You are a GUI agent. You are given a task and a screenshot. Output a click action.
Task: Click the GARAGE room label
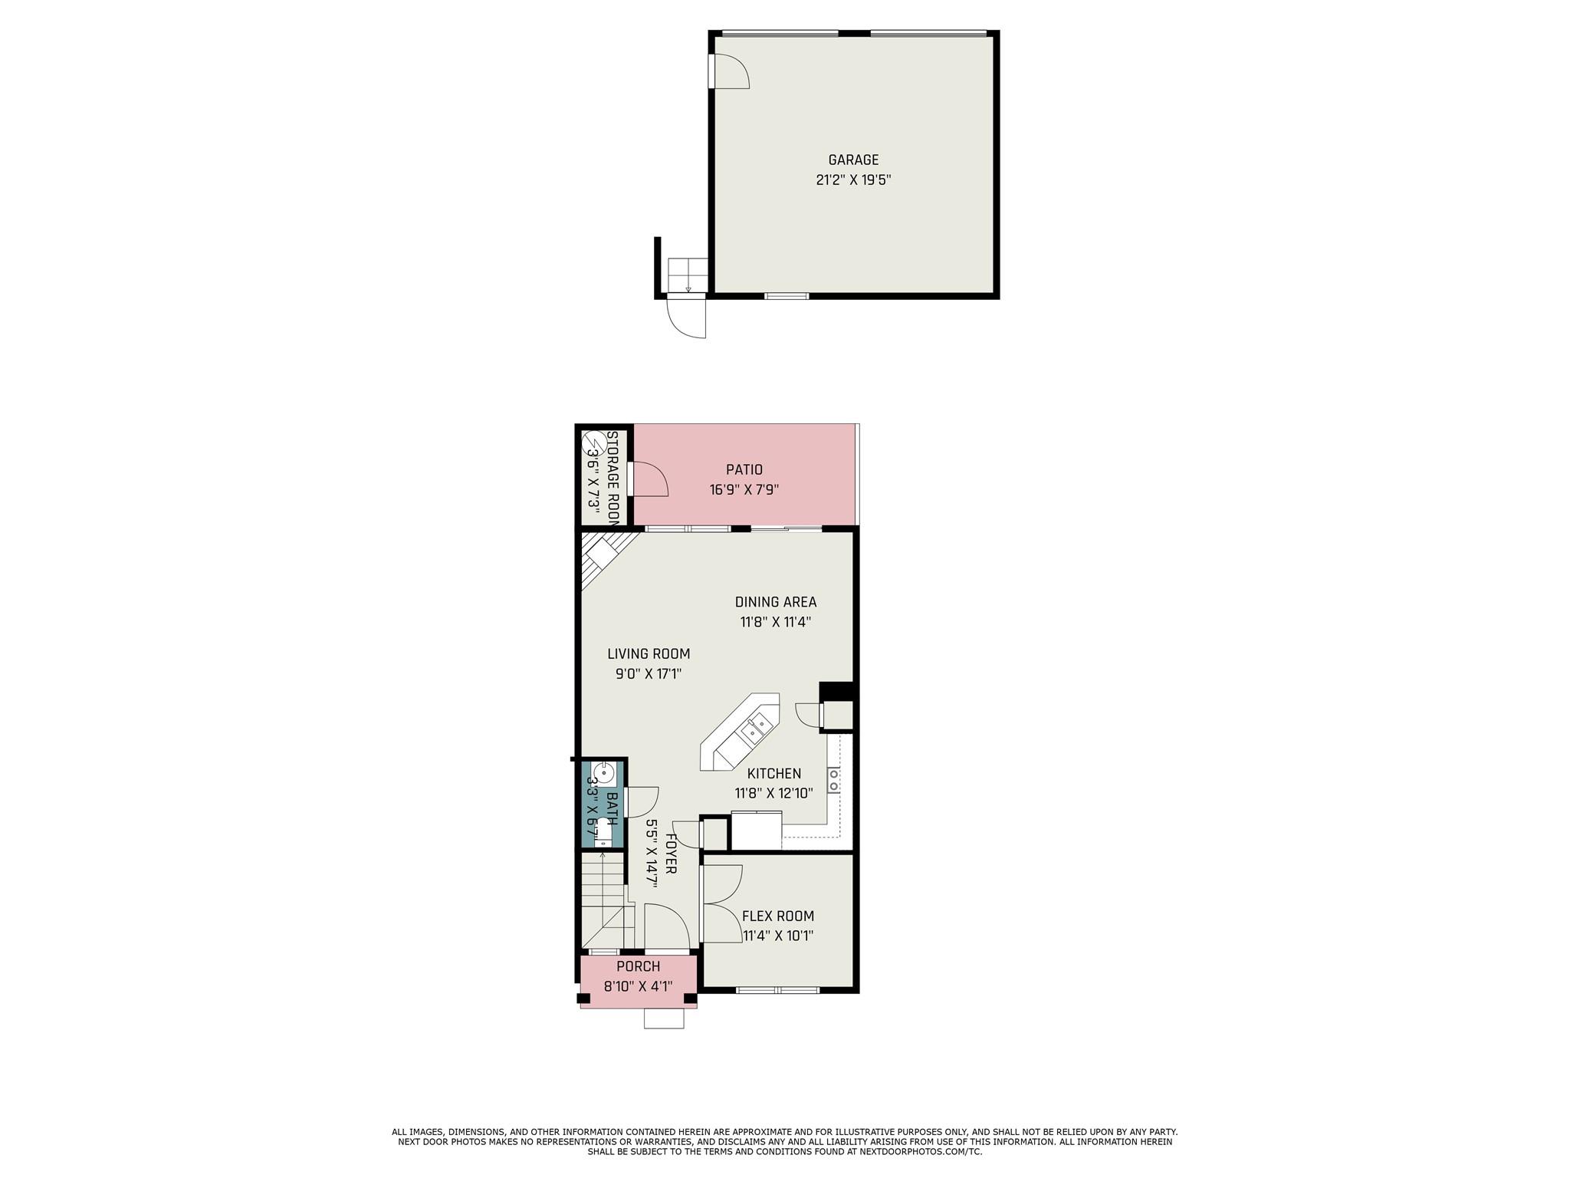point(853,160)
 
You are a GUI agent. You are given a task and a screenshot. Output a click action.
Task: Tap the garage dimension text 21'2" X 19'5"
point(853,181)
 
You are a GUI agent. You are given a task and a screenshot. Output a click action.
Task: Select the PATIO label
point(744,469)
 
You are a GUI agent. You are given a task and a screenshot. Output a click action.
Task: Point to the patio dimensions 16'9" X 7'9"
point(744,490)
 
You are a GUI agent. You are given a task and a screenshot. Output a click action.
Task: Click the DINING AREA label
point(776,602)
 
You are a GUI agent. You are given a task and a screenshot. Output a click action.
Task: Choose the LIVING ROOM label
point(649,654)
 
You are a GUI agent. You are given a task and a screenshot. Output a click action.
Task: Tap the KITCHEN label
point(774,774)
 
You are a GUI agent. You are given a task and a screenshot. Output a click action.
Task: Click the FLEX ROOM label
point(778,916)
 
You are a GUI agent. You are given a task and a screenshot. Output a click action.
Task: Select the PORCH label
point(639,966)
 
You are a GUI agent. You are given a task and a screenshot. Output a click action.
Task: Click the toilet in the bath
point(603,831)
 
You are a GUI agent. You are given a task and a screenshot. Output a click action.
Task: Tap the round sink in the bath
point(603,772)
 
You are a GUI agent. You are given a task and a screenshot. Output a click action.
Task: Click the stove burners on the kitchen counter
point(833,780)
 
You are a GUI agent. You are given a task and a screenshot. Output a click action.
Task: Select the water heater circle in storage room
point(593,445)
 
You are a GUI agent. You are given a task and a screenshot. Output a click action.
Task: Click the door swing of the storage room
point(649,481)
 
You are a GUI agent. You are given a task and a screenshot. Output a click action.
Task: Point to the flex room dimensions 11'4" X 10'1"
point(778,936)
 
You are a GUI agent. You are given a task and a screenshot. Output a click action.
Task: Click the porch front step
point(663,1018)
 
